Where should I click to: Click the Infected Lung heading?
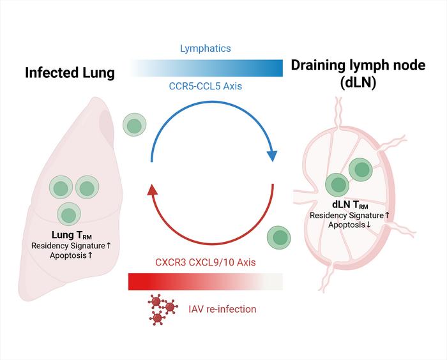(70, 73)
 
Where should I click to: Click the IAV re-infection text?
(221, 309)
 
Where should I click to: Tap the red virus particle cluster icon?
(162, 306)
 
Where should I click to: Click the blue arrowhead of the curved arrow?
(273, 157)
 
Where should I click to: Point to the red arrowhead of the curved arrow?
(152, 188)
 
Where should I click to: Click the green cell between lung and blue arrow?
(133, 124)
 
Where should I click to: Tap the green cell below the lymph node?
(280, 237)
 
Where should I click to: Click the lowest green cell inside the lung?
(69, 213)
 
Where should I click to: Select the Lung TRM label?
(70, 236)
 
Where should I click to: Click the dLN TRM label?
(349, 206)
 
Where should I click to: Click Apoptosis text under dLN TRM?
(349, 225)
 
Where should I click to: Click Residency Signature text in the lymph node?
(349, 215)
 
